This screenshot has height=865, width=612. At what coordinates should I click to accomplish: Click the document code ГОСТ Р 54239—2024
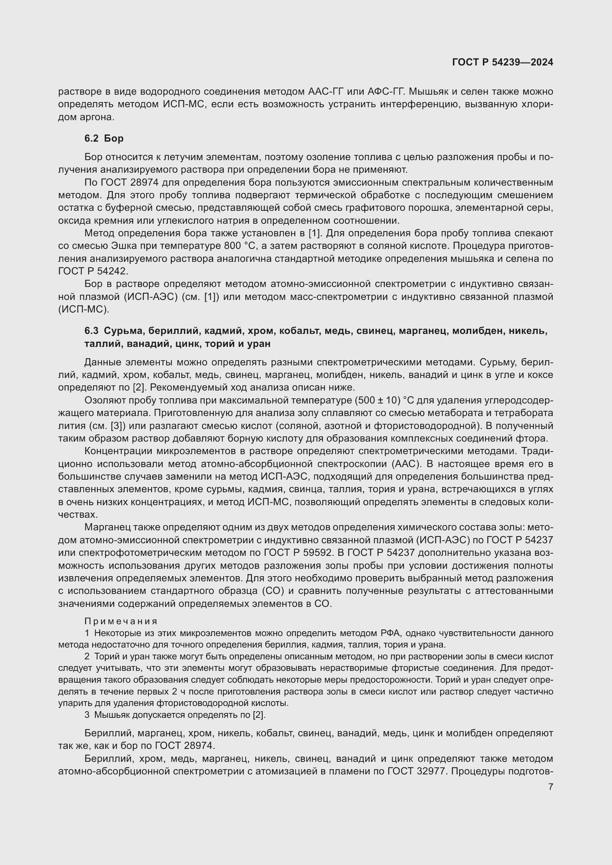[x=502, y=62]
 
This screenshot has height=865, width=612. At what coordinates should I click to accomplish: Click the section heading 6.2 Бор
[x=104, y=138]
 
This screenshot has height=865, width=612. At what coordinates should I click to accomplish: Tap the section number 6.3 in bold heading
[x=91, y=331]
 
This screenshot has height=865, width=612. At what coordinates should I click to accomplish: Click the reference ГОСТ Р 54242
[x=93, y=271]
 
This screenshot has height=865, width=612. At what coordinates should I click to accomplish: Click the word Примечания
[x=121, y=621]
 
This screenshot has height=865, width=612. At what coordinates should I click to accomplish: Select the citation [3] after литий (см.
[x=116, y=426]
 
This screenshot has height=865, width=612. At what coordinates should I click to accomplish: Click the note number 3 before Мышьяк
[x=87, y=715]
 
